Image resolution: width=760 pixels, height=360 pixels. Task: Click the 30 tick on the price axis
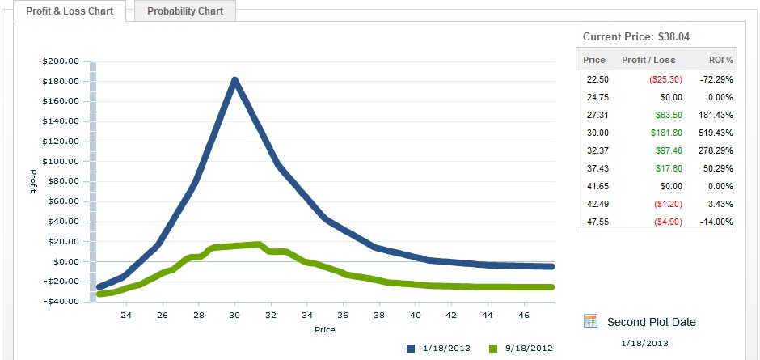coord(234,315)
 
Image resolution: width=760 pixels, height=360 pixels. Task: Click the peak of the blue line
coord(234,80)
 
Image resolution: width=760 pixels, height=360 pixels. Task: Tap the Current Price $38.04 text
coord(635,36)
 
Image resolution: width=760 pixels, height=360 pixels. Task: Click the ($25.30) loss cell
coord(661,79)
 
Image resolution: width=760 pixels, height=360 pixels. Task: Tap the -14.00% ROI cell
coord(716,222)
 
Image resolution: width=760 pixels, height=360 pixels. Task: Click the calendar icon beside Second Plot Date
coord(591,321)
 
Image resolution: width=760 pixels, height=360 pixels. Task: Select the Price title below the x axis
coord(324,329)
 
